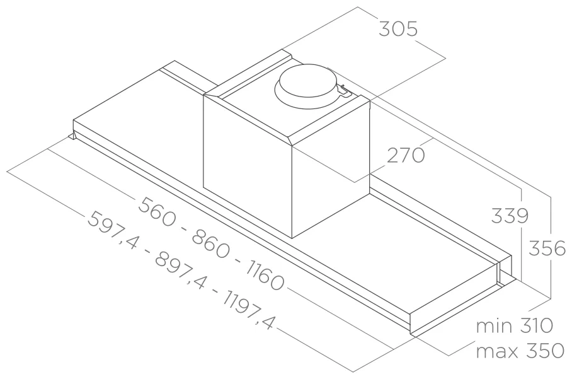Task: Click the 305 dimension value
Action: (x=398, y=29)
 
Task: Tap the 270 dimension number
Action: (x=406, y=155)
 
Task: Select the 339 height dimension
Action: (x=510, y=216)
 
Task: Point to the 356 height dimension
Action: (x=547, y=248)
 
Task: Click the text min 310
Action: (x=515, y=325)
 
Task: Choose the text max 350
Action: (x=520, y=351)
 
